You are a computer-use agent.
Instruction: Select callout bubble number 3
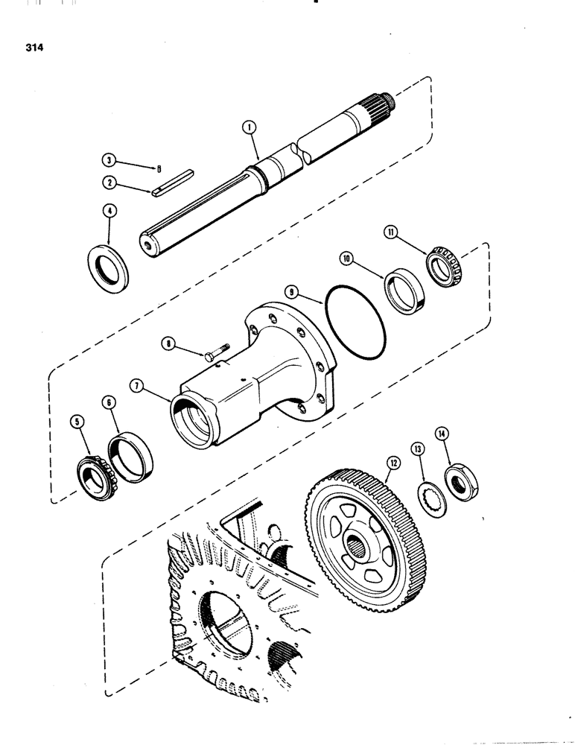110,159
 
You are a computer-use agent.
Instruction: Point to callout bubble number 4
109,211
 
